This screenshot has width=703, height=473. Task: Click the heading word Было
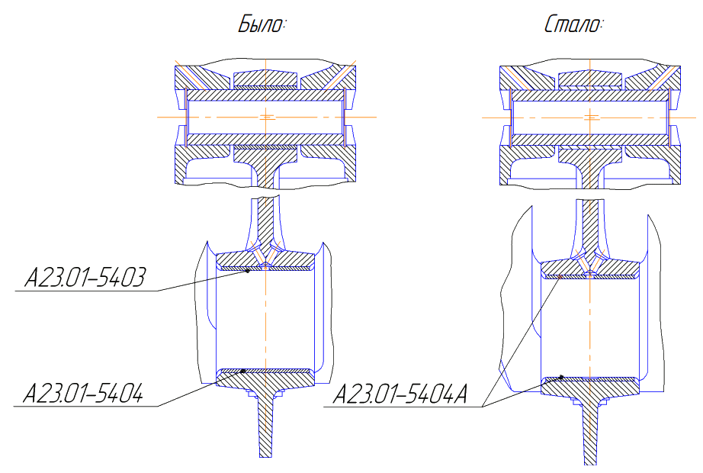[262, 24]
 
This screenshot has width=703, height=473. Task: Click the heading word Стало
[574, 24]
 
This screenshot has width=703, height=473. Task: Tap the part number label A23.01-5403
[85, 278]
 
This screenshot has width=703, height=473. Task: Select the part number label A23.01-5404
[83, 394]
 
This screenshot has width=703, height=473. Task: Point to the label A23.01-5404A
[400, 394]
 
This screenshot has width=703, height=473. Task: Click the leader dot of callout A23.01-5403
[248, 271]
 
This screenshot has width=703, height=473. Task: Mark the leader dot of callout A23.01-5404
[243, 371]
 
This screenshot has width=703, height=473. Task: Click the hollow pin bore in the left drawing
[265, 117]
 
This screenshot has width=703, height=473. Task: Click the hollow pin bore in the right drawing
[590, 117]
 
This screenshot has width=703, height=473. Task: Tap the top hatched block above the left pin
[265, 79]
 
